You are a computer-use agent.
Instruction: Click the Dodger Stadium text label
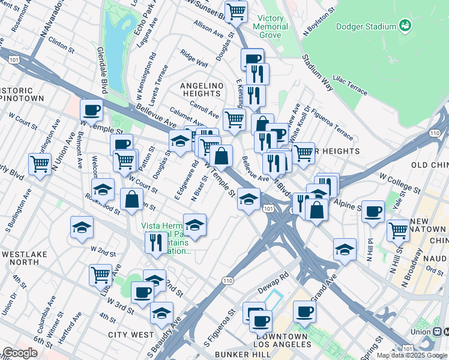pos(366,26)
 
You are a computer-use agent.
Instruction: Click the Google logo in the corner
pos(20,353)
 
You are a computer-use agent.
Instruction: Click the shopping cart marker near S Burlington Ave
pos(40,163)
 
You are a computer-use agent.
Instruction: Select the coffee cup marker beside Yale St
pos(373,211)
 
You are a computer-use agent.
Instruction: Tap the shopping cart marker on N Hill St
pos(398,229)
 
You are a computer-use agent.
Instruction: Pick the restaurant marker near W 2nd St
pos(156,242)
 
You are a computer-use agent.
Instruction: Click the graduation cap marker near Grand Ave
pos(345,249)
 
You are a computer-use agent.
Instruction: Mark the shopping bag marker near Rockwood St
pos(131,200)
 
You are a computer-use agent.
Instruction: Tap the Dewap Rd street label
pos(276,275)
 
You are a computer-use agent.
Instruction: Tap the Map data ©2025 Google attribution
pos(412,355)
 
